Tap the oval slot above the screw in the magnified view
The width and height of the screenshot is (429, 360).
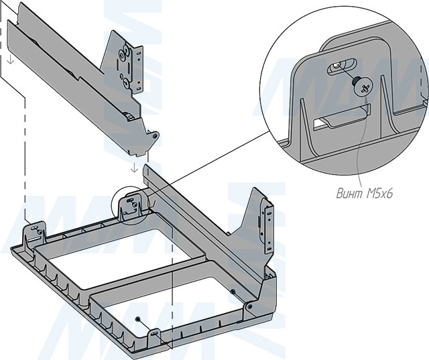(x=339, y=67)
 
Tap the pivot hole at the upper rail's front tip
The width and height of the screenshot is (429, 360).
(x=155, y=136)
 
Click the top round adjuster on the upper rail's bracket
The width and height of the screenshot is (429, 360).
(x=124, y=52)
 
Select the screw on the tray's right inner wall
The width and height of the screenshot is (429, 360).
(x=233, y=292)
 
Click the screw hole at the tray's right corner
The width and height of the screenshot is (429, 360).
(x=250, y=306)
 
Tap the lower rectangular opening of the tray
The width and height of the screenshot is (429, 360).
(x=168, y=298)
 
